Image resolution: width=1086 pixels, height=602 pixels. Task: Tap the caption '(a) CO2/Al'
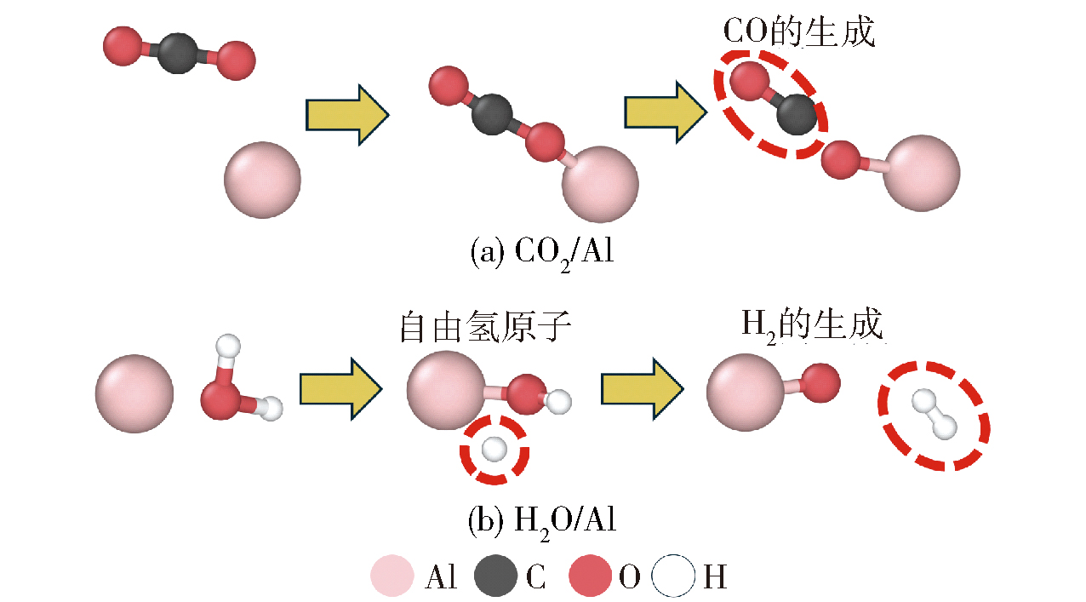(541, 253)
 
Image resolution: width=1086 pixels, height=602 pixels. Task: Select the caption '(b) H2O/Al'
(541, 520)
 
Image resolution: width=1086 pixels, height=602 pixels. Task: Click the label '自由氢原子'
(484, 329)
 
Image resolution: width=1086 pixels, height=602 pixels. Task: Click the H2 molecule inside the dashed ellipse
(933, 414)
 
